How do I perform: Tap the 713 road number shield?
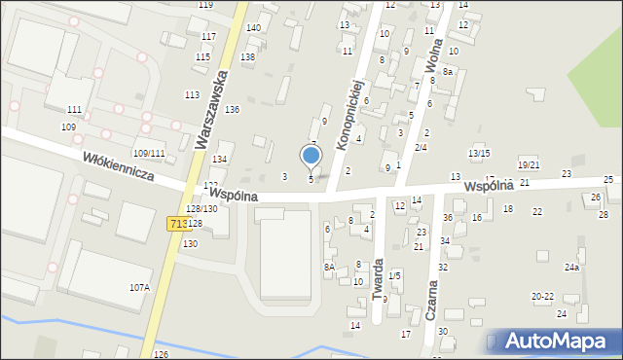(x=177, y=224)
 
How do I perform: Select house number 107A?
(x=139, y=287)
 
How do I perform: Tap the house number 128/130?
(x=202, y=209)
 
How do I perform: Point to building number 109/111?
(x=149, y=154)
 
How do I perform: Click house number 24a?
(x=571, y=267)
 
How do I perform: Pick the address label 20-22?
(x=542, y=296)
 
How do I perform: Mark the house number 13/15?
(x=479, y=154)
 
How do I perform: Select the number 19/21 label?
(x=529, y=165)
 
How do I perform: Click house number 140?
(x=253, y=28)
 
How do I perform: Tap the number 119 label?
(x=205, y=5)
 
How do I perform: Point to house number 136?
(x=232, y=110)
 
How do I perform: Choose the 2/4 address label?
(x=421, y=147)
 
